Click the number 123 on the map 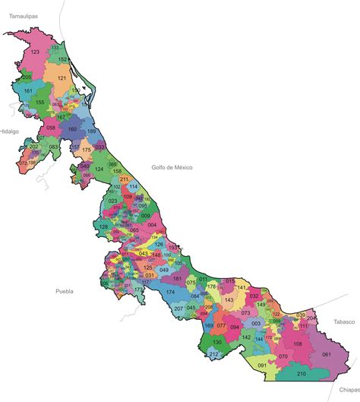pos(35,52)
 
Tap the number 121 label pos(62,78)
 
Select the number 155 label pos(39,101)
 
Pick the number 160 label pos(72,129)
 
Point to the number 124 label pos(99,169)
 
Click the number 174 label pos(170,292)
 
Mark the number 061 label pos(327,354)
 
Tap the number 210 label pos(301,374)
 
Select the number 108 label pos(298,344)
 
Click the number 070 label pos(283,356)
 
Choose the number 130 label pos(217,343)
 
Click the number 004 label pos(152,225)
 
